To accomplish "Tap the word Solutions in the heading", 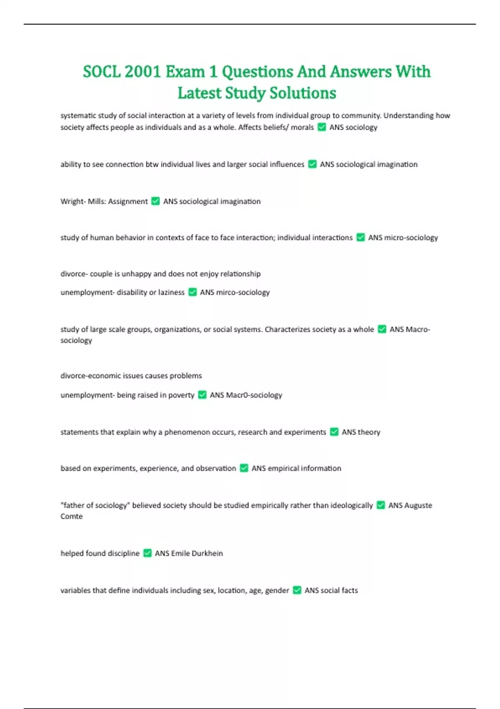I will coord(303,93).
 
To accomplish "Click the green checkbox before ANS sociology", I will coord(322,127).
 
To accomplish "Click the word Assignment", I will coord(128,201).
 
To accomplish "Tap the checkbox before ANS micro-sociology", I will coord(360,238).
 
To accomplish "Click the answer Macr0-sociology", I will coord(254,395).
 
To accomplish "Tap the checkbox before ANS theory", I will coord(334,432).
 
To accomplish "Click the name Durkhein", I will coord(207,553).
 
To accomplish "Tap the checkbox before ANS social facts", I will coord(297,590).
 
